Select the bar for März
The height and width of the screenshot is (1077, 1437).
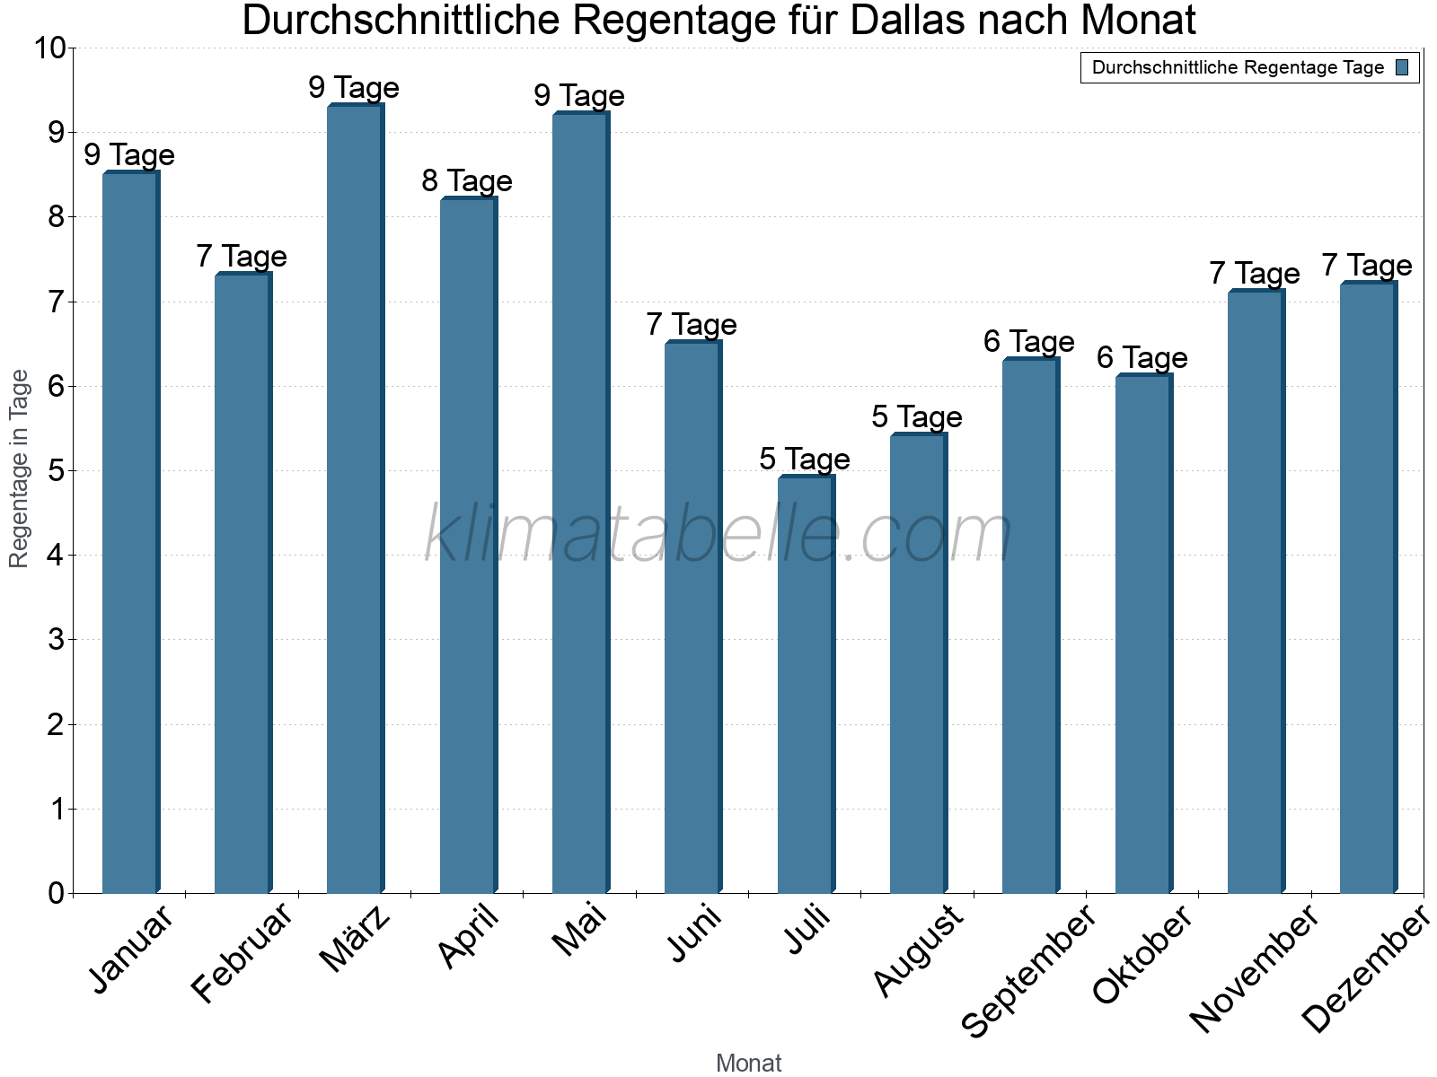[x=356, y=499]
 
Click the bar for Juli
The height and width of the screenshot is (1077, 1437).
[x=806, y=684]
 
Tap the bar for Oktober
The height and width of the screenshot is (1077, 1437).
[x=1143, y=634]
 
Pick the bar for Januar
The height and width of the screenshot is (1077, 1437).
[x=130, y=532]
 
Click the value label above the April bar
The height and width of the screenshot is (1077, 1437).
[x=467, y=181]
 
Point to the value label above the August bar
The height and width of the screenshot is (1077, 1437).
[x=917, y=417]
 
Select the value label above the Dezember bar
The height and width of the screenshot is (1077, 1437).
[x=1367, y=266]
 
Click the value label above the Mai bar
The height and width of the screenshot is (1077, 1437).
[x=579, y=96]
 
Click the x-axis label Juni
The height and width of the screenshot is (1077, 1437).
[x=694, y=933]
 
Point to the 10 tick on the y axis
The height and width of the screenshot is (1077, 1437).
[x=49, y=48]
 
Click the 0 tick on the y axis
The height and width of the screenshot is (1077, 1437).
[x=57, y=893]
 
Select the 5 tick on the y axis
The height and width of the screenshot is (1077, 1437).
[x=57, y=471]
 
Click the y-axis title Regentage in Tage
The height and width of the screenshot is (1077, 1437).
[x=19, y=468]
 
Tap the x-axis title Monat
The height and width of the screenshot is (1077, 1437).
[x=748, y=1063]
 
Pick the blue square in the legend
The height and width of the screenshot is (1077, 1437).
[x=1402, y=67]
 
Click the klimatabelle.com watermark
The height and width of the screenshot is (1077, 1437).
[x=718, y=535]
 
